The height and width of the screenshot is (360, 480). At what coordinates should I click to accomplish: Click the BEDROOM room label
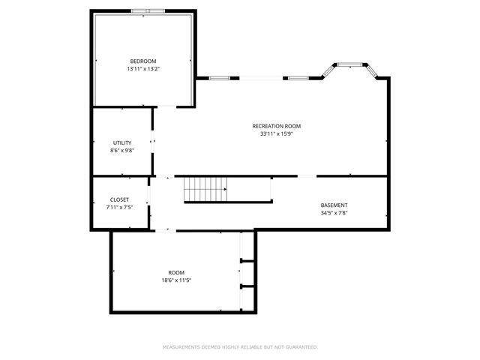[143, 61]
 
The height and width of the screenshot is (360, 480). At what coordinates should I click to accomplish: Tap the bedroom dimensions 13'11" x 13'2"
[143, 69]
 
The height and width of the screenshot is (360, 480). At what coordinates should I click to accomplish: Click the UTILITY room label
[122, 142]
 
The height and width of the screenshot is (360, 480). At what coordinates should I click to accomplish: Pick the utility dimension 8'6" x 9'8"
[122, 151]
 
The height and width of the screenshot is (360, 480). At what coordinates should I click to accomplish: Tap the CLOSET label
[119, 199]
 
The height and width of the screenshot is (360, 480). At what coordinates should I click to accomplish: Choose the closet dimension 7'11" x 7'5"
[119, 208]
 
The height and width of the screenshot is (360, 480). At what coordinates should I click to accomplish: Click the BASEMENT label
[334, 205]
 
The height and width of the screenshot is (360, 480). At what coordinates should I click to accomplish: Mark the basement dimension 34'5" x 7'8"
[334, 213]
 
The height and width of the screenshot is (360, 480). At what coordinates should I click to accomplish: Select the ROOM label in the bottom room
[176, 272]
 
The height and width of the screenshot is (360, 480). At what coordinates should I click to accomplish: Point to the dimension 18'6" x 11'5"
[176, 280]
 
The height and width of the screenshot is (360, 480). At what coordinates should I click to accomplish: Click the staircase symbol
[205, 190]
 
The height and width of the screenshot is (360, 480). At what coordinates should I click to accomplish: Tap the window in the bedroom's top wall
[148, 11]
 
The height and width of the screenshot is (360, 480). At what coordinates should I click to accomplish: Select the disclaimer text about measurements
[240, 347]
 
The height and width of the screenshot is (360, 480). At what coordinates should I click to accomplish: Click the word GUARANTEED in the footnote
[301, 347]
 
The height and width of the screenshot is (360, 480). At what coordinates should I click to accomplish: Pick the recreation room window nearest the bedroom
[219, 77]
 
